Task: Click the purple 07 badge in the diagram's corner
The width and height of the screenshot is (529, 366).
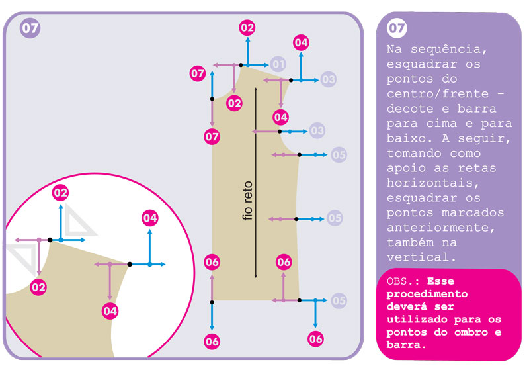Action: pos(30,28)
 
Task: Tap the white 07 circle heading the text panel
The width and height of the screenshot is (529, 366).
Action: pos(397,28)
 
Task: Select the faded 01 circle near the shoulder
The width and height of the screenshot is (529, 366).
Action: pos(278,64)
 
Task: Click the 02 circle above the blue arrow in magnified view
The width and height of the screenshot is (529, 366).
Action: pos(60,193)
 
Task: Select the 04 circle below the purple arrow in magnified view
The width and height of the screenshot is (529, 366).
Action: pos(110,310)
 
